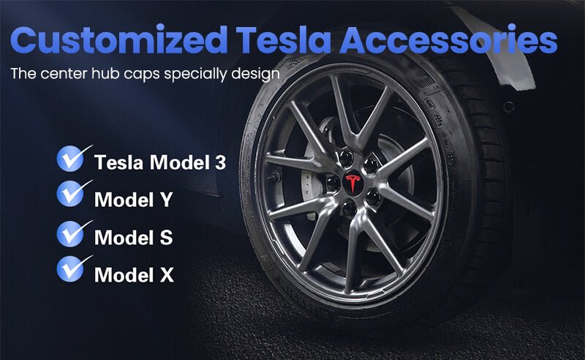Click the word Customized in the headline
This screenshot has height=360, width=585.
[119, 40]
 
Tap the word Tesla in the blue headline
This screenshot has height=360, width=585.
[284, 40]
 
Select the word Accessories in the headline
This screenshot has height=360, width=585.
[448, 40]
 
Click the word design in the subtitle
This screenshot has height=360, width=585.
[255, 74]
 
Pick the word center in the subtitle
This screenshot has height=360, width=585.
[64, 74]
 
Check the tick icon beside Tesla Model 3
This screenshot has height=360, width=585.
[74, 158]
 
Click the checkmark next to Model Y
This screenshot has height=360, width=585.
[74, 193]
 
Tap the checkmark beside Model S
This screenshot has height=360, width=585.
[74, 233]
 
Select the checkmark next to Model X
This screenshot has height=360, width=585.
[74, 269]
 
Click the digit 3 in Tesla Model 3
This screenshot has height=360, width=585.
[221, 162]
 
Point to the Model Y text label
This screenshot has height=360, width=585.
[134, 200]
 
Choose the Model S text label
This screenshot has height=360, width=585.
[134, 237]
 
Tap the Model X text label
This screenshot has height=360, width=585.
[135, 274]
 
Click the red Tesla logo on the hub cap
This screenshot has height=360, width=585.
[352, 182]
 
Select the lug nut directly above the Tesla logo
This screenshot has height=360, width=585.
[346, 157]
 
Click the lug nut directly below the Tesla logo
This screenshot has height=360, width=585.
[350, 208]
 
